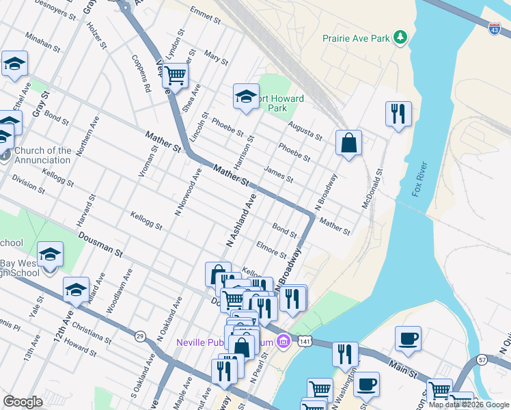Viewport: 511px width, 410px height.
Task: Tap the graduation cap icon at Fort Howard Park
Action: (246, 96)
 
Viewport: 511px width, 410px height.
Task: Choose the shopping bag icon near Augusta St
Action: (348, 143)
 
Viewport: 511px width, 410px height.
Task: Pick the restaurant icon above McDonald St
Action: (398, 113)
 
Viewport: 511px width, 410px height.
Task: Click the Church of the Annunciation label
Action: (42, 155)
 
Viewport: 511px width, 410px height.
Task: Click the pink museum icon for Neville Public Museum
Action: (282, 341)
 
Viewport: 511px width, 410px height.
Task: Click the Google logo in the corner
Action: (23, 402)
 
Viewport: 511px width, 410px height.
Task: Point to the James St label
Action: (278, 176)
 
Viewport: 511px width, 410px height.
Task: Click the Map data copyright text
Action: (469, 405)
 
